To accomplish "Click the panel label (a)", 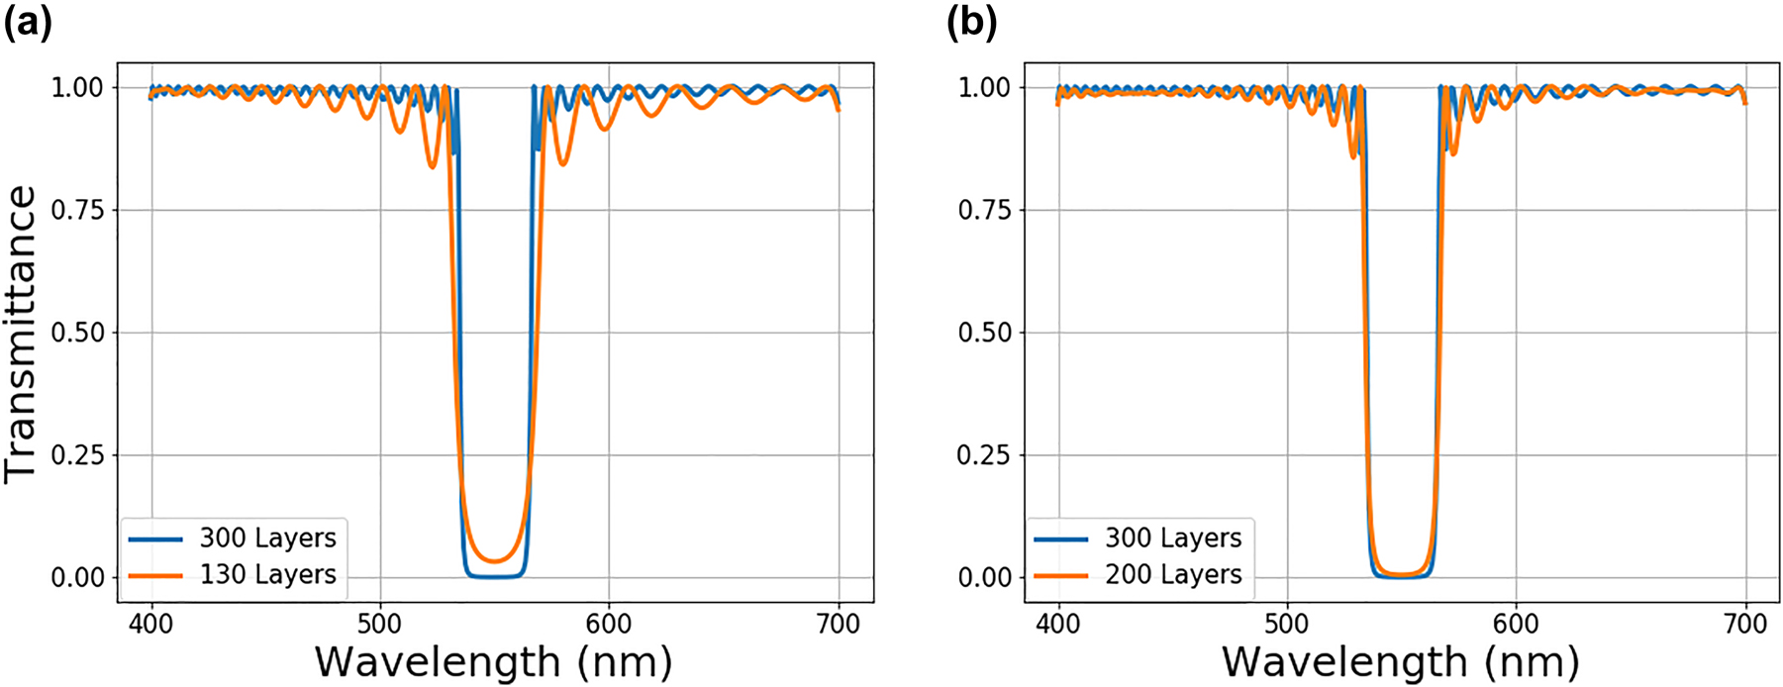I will (x=28, y=22).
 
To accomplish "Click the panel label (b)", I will (x=971, y=22).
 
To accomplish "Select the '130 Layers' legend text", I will (x=267, y=574).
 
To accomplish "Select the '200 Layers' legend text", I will (x=1173, y=574).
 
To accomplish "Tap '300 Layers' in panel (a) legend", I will (x=267, y=538).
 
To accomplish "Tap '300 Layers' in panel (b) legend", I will (x=1173, y=538).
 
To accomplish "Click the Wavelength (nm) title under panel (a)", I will (x=493, y=661).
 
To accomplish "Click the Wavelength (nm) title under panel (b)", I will (x=1400, y=661).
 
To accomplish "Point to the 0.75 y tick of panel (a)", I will (x=77, y=210).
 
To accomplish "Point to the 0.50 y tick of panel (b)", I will (x=984, y=333).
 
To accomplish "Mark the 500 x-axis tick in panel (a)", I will (x=380, y=624).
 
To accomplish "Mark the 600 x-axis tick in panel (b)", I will (x=1516, y=624).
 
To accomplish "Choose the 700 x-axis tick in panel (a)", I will (x=839, y=624).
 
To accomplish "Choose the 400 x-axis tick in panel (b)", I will (x=1057, y=624).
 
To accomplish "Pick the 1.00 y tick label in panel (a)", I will (x=77, y=87).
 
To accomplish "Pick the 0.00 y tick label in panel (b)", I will (x=984, y=577).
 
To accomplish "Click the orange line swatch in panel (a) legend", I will (x=155, y=575).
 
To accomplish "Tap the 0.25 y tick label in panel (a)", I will (x=77, y=455).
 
